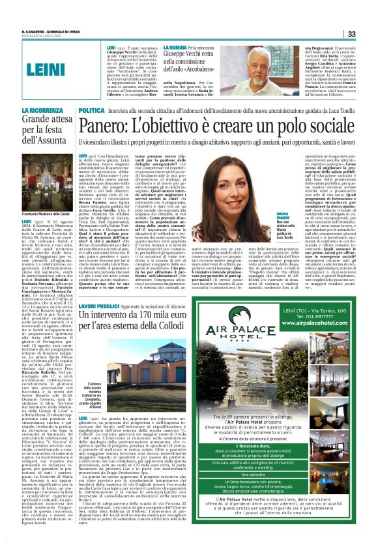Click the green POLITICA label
[x=91, y=111]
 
